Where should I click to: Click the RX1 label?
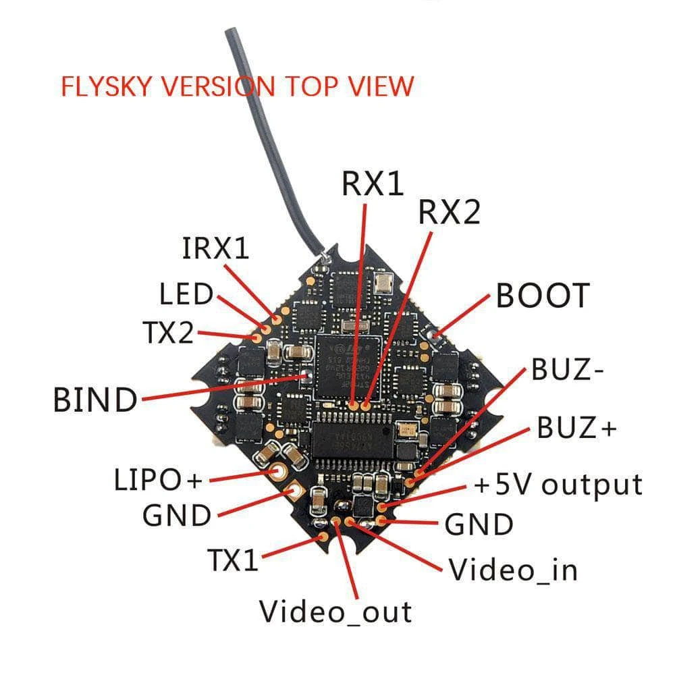click(373, 184)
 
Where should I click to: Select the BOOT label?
click(543, 295)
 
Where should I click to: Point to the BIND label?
click(94, 400)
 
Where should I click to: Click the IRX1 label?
click(215, 248)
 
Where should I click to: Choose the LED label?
click(186, 294)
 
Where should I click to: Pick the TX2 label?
click(167, 332)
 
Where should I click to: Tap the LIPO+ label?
click(157, 481)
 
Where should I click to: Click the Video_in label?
click(514, 570)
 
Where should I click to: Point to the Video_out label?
click(335, 612)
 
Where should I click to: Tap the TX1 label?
click(232, 560)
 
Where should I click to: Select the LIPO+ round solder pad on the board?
click(277, 470)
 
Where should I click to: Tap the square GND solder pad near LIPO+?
click(294, 489)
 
